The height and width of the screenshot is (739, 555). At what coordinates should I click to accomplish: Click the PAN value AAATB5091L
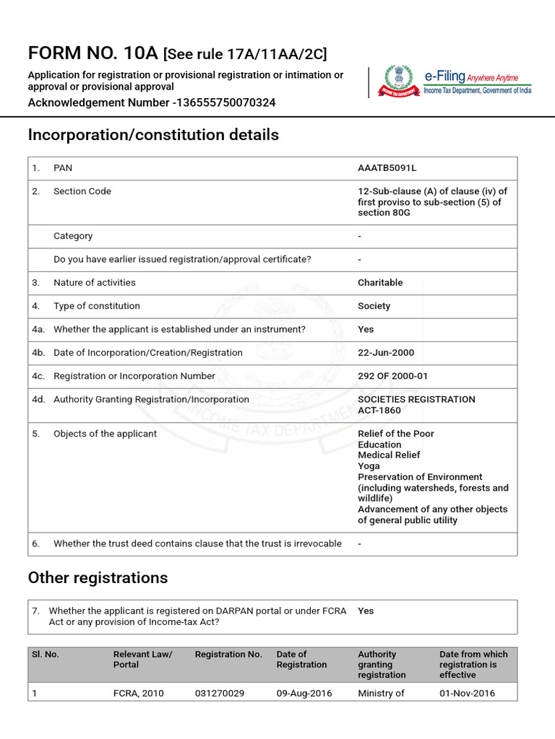pos(387,168)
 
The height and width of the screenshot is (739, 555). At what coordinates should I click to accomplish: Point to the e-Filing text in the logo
pos(444,76)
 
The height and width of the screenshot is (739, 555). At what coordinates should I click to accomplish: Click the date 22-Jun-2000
pos(386,353)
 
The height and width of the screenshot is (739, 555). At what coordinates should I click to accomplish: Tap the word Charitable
pos(380,283)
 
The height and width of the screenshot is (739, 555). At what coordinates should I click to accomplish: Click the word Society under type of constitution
pos(374,306)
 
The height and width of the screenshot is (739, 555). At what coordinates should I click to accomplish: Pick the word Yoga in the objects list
pos(369,466)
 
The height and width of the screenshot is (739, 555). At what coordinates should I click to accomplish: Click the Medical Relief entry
pos(389,455)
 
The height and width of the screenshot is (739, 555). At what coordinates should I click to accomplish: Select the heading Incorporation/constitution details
pos(153,135)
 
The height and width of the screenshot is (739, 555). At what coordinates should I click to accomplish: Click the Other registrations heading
pos(98,578)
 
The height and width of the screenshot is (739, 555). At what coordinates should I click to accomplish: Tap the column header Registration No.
pos(228,655)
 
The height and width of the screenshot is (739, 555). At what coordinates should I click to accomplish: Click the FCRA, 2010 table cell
pos(139,694)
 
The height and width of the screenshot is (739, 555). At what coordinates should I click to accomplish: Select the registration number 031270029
pos(220,694)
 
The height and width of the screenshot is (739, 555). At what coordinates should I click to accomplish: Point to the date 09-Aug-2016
pos(304,694)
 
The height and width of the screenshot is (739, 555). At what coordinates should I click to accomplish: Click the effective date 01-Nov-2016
pos(468,694)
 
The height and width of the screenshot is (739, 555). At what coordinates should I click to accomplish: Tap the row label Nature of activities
pos(95,283)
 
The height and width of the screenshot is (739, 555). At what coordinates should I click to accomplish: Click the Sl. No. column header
pos(46,655)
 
